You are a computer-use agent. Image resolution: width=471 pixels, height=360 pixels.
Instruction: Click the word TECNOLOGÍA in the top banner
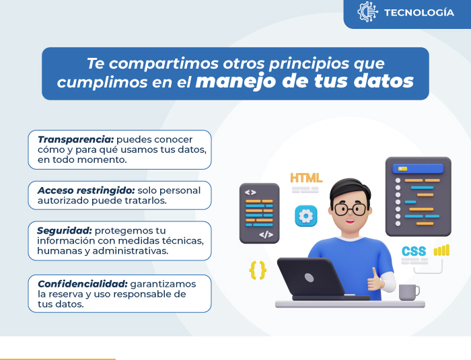(419, 12)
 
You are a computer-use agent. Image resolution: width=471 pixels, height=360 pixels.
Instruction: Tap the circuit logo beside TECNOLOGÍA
(367, 11)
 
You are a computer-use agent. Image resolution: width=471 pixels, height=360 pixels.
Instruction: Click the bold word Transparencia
(75, 139)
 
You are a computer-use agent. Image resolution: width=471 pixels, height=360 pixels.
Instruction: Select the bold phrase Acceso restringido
(86, 190)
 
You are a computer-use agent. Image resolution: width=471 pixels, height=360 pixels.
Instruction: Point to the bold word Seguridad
(65, 231)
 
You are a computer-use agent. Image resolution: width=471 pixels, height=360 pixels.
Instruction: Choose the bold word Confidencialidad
(83, 284)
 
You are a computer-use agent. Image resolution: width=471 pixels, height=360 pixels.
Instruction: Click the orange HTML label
(306, 178)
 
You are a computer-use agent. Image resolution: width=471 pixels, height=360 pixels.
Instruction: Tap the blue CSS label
(414, 251)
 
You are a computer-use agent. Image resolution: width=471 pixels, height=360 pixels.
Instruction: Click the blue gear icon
(306, 216)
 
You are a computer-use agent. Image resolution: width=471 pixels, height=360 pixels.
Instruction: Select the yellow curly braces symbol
(258, 270)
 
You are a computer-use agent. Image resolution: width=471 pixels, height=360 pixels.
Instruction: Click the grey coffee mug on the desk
(409, 292)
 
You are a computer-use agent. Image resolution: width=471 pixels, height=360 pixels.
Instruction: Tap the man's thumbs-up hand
(375, 281)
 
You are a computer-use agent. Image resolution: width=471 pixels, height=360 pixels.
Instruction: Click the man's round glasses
(351, 209)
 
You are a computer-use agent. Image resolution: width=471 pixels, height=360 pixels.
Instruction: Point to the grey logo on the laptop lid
(309, 277)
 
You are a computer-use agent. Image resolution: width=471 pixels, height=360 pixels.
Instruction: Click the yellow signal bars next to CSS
(441, 250)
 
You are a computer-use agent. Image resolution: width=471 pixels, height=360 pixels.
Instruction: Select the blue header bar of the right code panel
(418, 169)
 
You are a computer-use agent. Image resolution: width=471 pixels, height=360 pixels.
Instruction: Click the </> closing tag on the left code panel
(266, 234)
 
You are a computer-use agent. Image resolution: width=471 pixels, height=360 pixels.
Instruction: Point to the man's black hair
(351, 188)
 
